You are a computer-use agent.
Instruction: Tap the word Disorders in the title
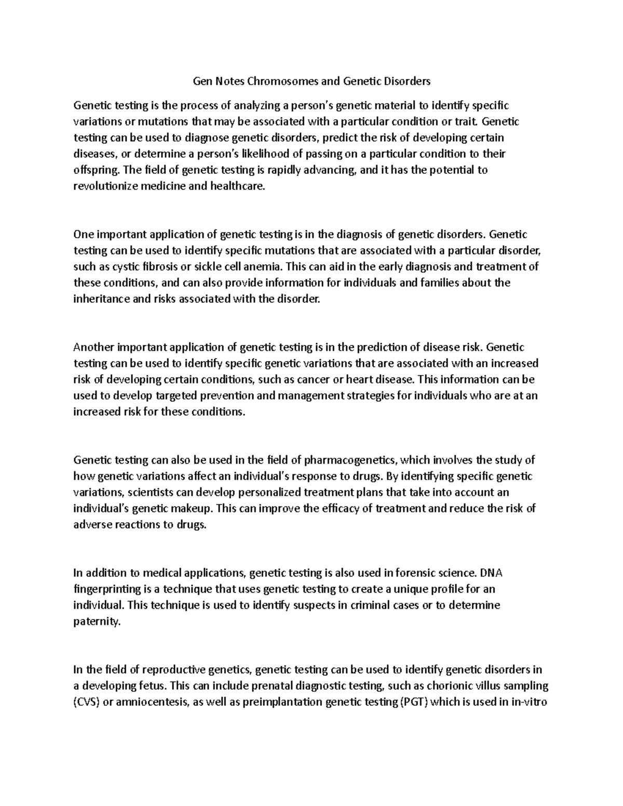[409, 81]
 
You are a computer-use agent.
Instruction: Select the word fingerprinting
[109, 589]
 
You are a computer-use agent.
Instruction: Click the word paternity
[96, 621]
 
